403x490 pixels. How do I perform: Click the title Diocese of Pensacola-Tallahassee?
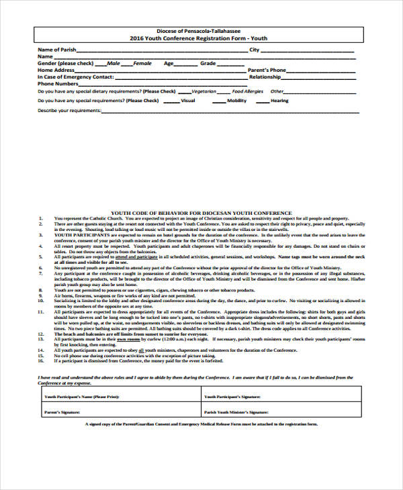click(x=202, y=32)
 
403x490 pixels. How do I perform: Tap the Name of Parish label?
click(x=56, y=50)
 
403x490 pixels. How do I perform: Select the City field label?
click(x=254, y=50)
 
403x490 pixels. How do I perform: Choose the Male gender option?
click(x=114, y=63)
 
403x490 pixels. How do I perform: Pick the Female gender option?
click(x=142, y=63)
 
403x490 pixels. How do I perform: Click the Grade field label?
click(x=208, y=63)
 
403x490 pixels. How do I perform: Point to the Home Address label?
click(x=56, y=70)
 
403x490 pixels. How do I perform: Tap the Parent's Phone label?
click(x=267, y=70)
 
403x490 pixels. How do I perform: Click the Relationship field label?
click(x=265, y=77)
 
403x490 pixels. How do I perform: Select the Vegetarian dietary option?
click(x=204, y=91)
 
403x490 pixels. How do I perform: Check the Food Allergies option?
click(x=247, y=91)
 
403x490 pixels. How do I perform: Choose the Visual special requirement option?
click(x=188, y=101)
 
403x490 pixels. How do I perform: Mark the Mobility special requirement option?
click(x=236, y=101)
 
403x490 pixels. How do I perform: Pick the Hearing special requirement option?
click(x=279, y=101)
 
